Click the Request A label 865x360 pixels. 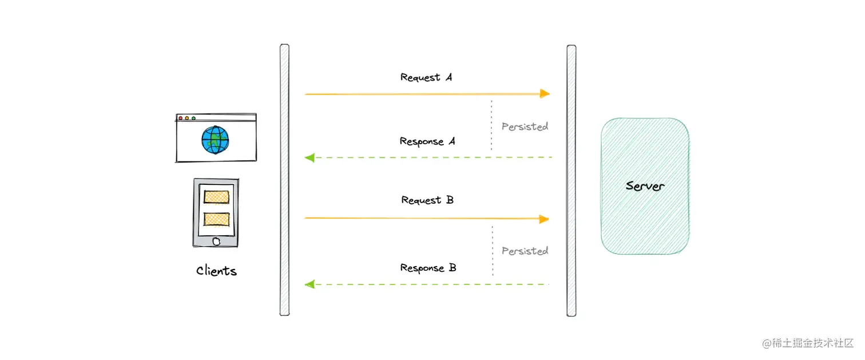pyautogui.click(x=426, y=77)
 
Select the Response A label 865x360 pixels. pyautogui.click(x=427, y=141)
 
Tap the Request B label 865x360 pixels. pyautogui.click(x=427, y=200)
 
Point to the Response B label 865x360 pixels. pyautogui.click(x=428, y=268)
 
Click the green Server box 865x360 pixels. pyautogui.click(x=645, y=186)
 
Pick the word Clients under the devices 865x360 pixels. pyautogui.click(x=216, y=271)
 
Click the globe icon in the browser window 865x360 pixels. pyautogui.click(x=215, y=140)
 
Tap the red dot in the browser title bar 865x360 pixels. pyautogui.click(x=181, y=118)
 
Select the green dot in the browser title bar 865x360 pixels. pyautogui.click(x=194, y=118)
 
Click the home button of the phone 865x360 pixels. pyautogui.click(x=216, y=241)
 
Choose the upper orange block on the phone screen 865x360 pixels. pyautogui.click(x=216, y=196)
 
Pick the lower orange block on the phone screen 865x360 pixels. pyautogui.click(x=216, y=219)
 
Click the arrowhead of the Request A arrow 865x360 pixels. pyautogui.click(x=545, y=93)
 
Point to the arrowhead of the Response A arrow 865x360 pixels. pyautogui.click(x=310, y=157)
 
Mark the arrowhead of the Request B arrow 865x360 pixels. pyautogui.click(x=544, y=219)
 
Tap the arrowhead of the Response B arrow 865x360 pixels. pyautogui.click(x=310, y=284)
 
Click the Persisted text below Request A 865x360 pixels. pyautogui.click(x=525, y=126)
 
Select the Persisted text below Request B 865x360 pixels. pyautogui.click(x=525, y=251)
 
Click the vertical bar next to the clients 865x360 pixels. pyautogui.click(x=284, y=180)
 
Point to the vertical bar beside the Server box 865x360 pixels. pyautogui.click(x=571, y=180)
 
